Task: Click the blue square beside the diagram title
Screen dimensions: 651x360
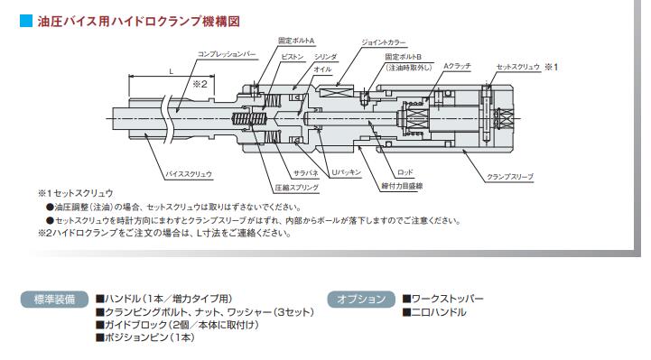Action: (26, 21)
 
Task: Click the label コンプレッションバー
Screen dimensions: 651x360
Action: (227, 54)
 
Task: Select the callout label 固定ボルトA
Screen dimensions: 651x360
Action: (296, 41)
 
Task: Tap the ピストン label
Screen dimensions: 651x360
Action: (293, 57)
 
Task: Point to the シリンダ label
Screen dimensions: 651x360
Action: (325, 57)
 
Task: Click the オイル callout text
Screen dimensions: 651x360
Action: (322, 69)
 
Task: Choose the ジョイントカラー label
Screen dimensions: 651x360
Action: (384, 42)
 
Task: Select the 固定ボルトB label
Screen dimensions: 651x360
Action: (403, 57)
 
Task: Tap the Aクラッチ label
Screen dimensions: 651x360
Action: (457, 66)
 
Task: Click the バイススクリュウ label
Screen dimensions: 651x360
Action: (189, 174)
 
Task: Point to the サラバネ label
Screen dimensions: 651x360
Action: (306, 173)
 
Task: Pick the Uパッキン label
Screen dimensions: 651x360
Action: (346, 172)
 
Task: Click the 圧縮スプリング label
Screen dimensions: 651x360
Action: (297, 188)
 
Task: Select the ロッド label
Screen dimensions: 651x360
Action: (405, 171)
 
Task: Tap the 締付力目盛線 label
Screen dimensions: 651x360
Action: (402, 186)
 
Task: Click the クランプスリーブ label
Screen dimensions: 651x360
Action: (510, 177)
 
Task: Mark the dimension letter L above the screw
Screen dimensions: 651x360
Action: (171, 71)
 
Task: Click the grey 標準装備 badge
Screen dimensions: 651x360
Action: (54, 299)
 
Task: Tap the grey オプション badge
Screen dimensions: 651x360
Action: (361, 299)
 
